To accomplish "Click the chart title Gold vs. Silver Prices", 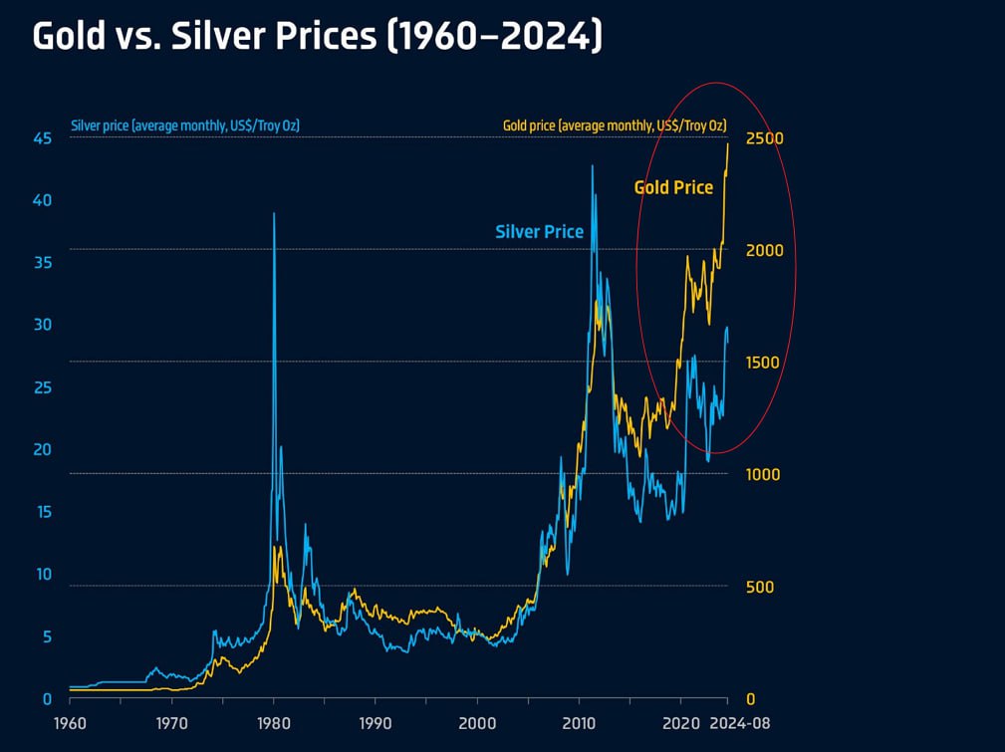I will [317, 37].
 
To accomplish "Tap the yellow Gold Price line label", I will [673, 186].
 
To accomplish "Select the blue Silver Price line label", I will [539, 231].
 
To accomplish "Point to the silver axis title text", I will [185, 125].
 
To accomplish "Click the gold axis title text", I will [612, 125].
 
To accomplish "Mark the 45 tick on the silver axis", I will [42, 137].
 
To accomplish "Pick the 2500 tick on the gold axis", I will [767, 137].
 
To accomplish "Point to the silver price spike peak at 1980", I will [274, 214].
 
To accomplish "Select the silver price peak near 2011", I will [593, 166].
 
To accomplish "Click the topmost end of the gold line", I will [728, 144].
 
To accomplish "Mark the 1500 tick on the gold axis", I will [767, 362].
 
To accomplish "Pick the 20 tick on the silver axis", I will [42, 449].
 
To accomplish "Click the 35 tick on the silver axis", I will [42, 262].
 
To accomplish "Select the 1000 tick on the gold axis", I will [767, 474].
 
